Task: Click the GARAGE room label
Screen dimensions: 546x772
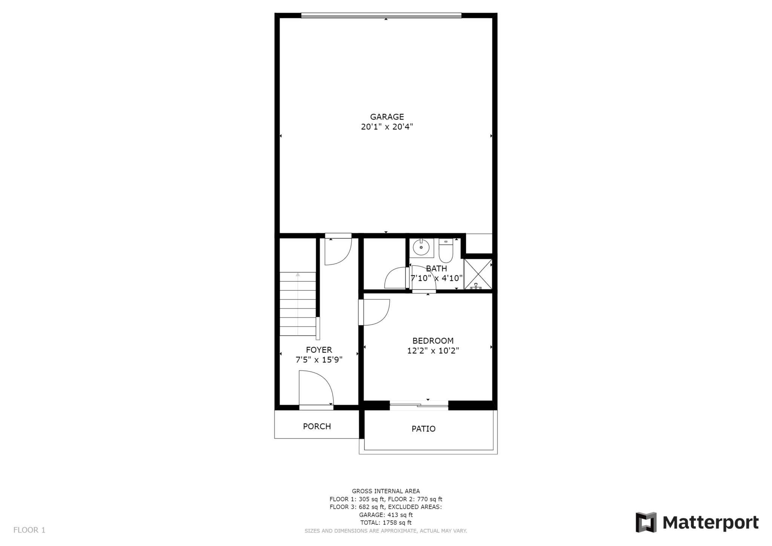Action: coord(387,117)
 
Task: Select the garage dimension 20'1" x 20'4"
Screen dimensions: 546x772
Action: coord(387,127)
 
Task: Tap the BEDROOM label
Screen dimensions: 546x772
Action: coord(433,341)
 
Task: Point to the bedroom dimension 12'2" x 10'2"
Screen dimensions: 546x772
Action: coord(433,351)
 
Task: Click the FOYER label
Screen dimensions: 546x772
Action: coord(319,350)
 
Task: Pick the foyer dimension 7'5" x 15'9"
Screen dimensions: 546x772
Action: coord(319,360)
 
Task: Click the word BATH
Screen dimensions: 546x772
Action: coord(437,268)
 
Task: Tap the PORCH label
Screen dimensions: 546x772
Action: coord(317,426)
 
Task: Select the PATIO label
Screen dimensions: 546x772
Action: coord(423,429)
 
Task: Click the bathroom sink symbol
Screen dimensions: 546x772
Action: coord(421,248)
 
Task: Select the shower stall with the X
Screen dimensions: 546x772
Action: coord(478,274)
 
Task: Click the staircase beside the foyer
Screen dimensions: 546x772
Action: coord(298,304)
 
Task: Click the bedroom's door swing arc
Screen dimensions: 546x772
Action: coord(375,312)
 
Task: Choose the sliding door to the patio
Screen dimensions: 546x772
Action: coord(419,405)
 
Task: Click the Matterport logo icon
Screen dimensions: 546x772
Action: coord(646,523)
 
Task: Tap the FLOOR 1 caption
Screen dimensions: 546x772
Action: coord(29,530)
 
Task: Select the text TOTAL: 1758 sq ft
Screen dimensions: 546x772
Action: coord(386,523)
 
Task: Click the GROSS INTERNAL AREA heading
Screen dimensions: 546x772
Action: coord(386,491)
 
